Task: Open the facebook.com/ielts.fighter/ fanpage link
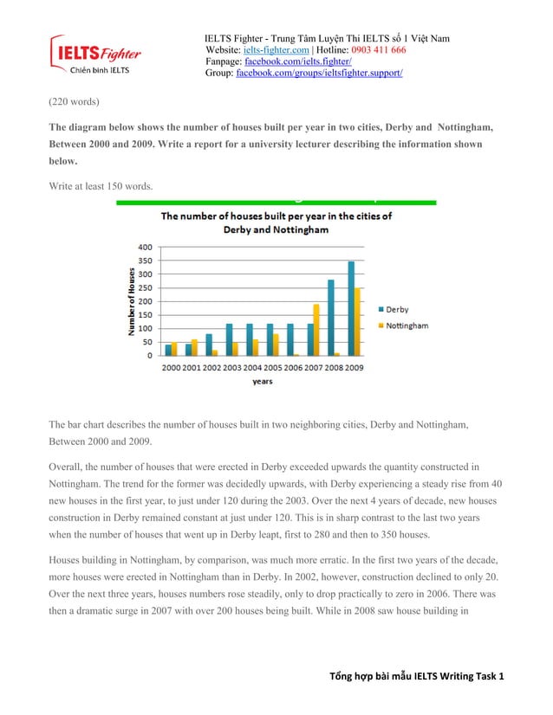point(294,61)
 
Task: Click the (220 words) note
point(74,101)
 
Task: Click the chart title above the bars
point(276,222)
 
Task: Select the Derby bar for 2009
point(351,308)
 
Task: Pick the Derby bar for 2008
point(330,318)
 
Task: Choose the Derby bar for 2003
point(230,339)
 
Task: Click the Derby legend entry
point(392,309)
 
